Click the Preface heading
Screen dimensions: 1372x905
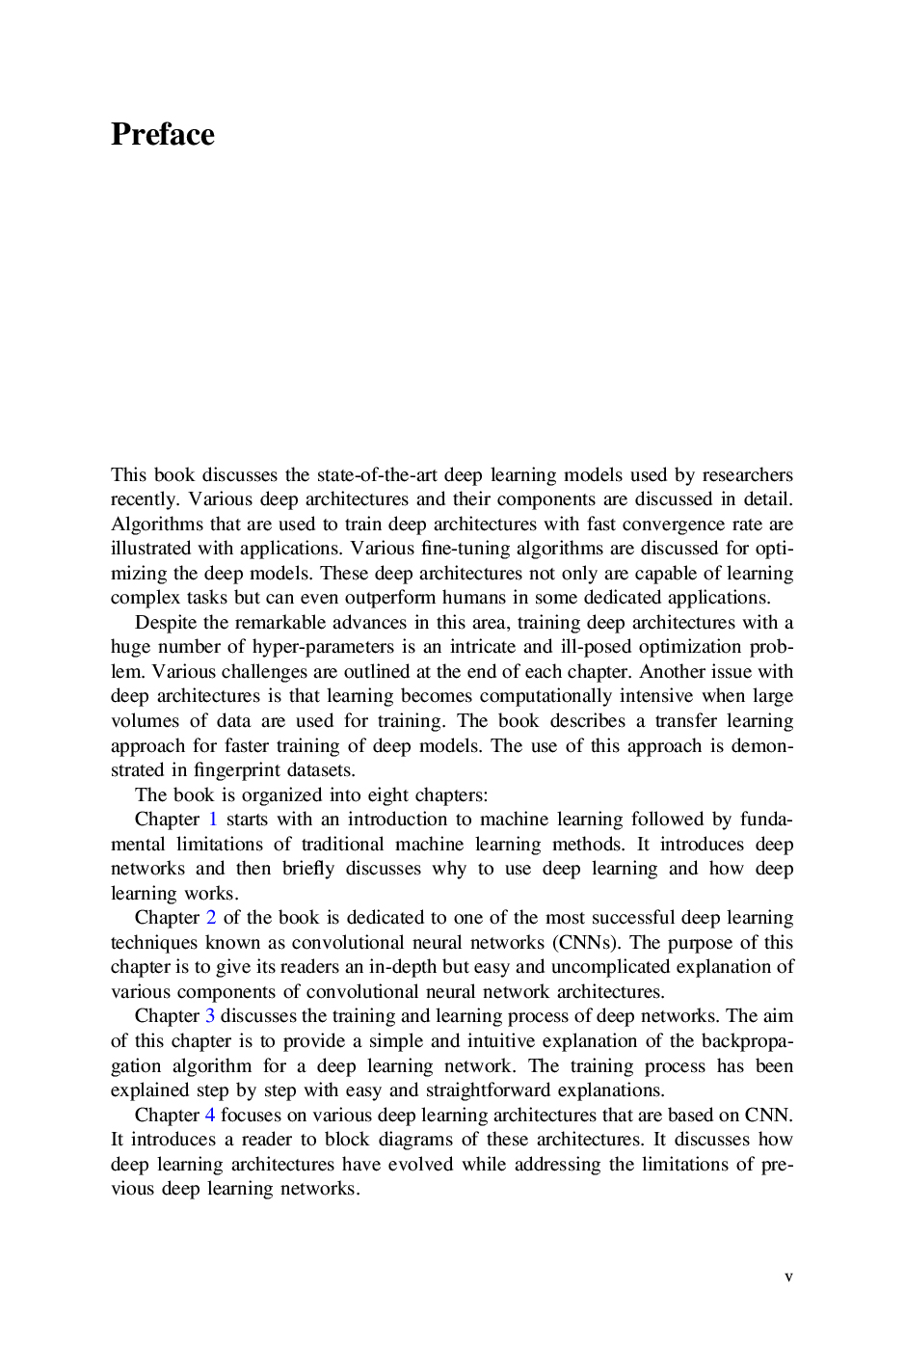[162, 134]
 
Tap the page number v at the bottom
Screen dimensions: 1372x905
[788, 1278]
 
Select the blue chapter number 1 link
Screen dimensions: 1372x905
[213, 820]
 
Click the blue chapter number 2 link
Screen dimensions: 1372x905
[211, 918]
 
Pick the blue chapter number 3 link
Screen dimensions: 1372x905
[210, 1016]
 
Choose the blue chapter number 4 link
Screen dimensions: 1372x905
[210, 1115]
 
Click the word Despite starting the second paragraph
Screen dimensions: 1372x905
[166, 623]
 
